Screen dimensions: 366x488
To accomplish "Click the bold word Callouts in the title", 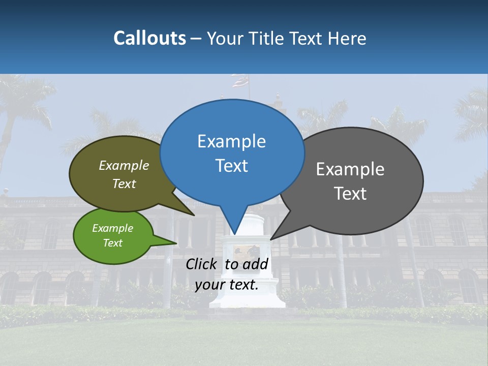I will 149,38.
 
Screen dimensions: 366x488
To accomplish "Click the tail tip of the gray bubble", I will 271,239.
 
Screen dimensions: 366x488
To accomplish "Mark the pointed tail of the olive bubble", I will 194,215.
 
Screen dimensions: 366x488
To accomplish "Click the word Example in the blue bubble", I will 231,141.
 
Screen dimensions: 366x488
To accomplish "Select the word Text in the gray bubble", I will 351,194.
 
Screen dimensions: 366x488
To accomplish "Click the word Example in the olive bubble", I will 124,165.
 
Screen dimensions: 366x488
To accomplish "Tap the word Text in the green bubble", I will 112,243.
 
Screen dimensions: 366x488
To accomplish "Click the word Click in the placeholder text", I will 202,264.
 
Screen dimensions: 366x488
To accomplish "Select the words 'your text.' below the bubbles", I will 227,285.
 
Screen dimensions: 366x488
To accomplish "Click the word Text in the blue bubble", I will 232,166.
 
